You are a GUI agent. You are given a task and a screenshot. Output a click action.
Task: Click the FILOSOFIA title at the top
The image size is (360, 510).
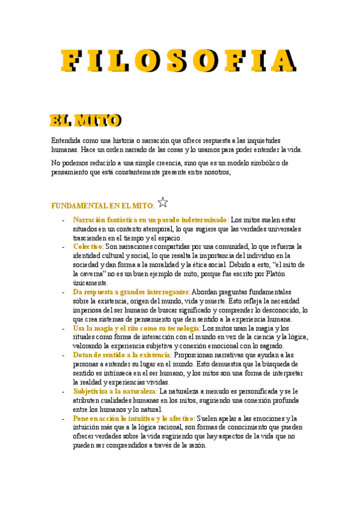179,61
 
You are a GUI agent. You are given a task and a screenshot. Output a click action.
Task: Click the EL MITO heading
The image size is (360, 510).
85,120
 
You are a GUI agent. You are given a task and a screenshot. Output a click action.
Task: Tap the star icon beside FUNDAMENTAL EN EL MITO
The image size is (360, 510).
163,203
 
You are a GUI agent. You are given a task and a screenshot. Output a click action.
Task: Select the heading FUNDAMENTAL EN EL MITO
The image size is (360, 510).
102,206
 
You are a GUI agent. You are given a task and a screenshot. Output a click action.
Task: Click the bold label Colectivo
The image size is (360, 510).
88,247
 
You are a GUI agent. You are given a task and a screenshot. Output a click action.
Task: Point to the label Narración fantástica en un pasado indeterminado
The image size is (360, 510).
150,220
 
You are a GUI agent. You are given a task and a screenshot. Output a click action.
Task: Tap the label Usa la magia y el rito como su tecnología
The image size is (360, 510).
136,328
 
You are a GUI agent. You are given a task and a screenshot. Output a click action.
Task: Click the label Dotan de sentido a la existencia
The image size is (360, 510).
121,355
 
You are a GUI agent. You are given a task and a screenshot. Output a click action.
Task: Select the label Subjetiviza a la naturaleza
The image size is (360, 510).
114,392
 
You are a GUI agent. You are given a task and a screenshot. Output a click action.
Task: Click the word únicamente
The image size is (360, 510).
90,283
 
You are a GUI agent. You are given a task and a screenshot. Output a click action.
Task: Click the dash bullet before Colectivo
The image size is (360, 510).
64,247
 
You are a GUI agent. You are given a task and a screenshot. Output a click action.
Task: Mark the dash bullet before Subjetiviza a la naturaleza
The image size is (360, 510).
64,392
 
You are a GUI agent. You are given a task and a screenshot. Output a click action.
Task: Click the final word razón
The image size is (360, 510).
197,446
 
